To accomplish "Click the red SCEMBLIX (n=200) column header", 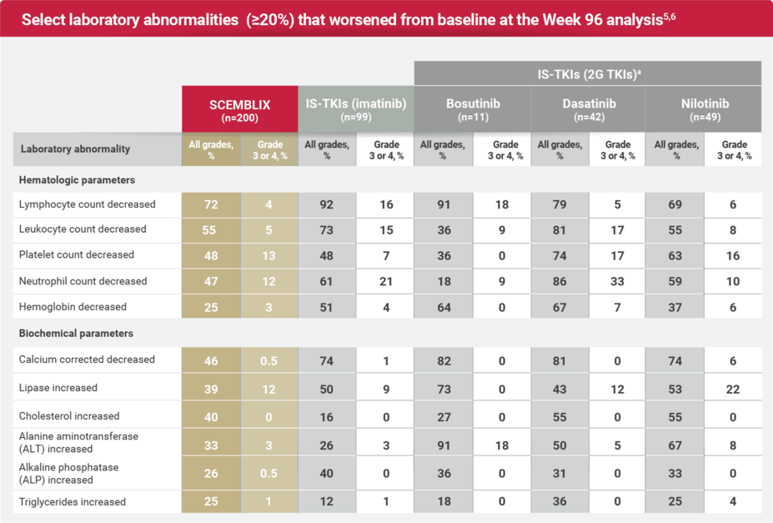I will (239, 108).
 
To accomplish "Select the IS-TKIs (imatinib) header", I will (355, 108).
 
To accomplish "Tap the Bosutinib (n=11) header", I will (471, 108).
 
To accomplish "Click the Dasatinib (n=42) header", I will (587, 108).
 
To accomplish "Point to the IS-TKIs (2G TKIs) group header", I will (588, 73).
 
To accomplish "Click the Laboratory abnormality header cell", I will (75, 149).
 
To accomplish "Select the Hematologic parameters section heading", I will (76, 179).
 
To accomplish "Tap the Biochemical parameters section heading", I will (75, 334).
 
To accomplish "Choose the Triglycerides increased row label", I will (72, 502).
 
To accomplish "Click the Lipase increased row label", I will (58, 388).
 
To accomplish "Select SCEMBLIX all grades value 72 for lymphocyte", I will (211, 204).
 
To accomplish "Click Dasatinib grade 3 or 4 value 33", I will (618, 282).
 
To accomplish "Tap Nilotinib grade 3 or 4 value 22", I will (733, 388).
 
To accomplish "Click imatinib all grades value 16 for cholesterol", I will (327, 416).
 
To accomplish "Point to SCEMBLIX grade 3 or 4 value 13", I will (269, 256).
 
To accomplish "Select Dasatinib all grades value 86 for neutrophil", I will (560, 282).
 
